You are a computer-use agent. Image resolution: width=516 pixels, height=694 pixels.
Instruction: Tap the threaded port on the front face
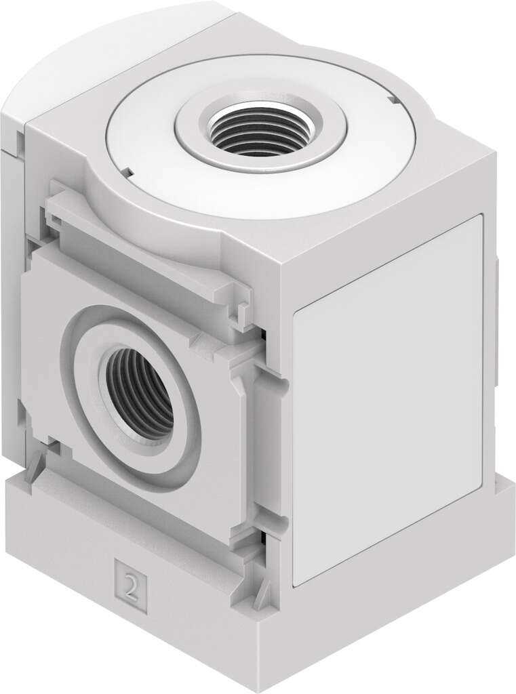pyautogui.click(x=139, y=392)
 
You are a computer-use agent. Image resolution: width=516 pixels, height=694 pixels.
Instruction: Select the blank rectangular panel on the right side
pyautogui.click(x=386, y=400)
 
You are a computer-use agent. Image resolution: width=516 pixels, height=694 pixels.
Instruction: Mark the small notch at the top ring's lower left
pyautogui.click(x=125, y=173)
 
